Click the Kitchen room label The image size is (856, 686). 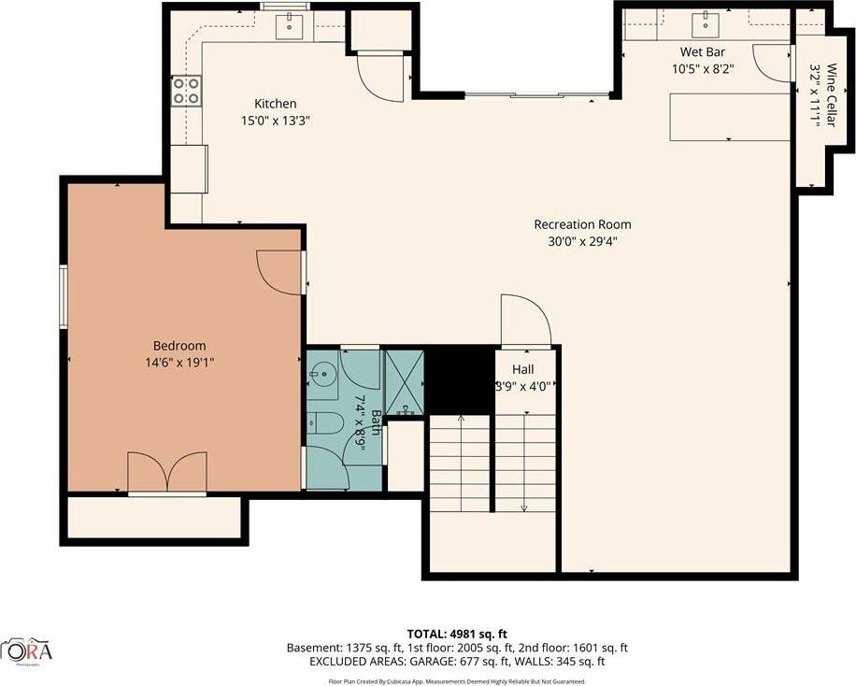point(276,104)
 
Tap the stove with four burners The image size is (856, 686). point(186,90)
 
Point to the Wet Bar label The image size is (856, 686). point(703,52)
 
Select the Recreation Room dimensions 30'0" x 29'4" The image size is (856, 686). point(582,241)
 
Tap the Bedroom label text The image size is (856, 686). point(179,345)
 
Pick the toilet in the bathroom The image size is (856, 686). point(322,422)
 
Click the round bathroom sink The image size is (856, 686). point(323,376)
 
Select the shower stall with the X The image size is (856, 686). point(404,380)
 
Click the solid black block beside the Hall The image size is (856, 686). point(459,378)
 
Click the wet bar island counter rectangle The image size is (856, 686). point(729,118)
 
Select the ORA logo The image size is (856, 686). point(27,650)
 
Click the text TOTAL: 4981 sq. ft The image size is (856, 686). point(457,634)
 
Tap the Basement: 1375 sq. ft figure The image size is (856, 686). point(348,648)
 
